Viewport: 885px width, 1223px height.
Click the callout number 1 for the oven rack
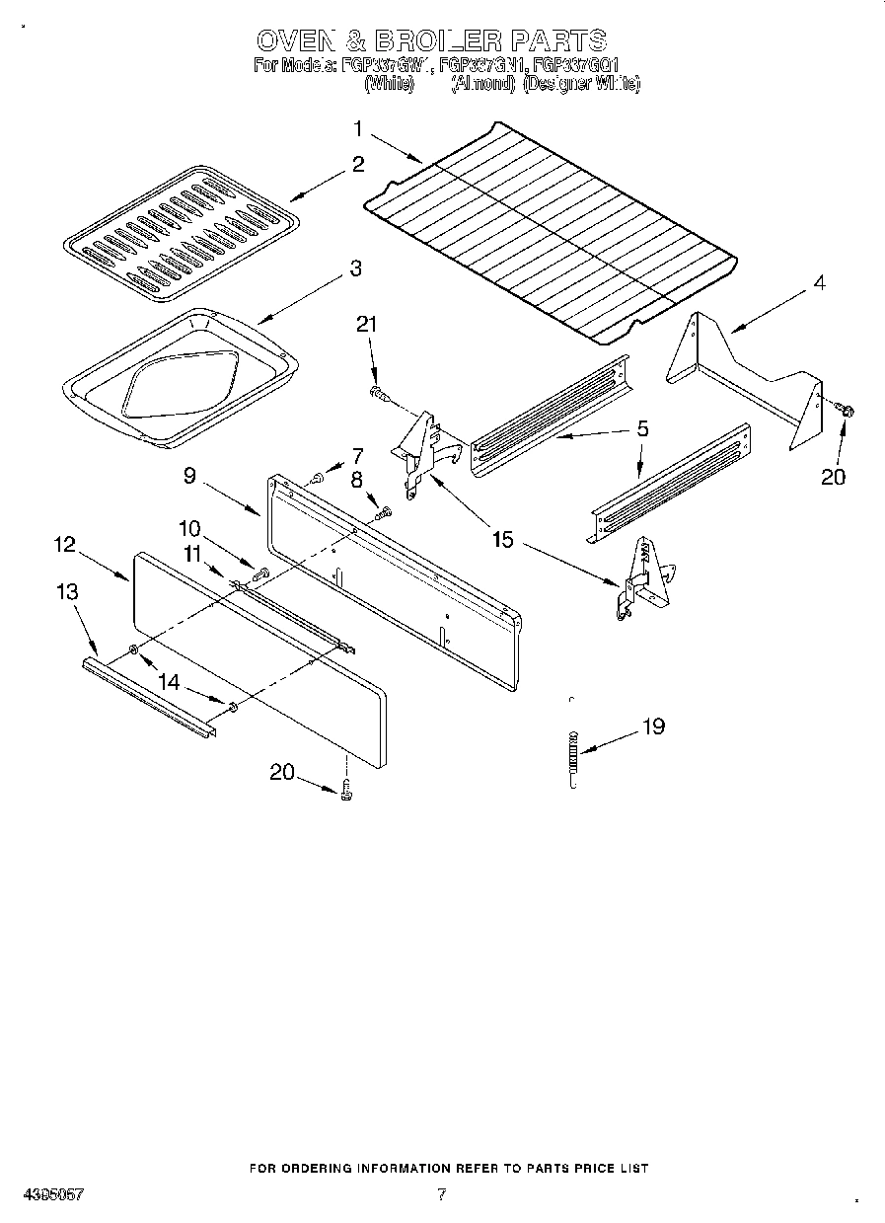click(x=359, y=128)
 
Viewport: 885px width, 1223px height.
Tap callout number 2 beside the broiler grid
click(x=358, y=164)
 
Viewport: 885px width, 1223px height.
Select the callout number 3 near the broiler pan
click(x=355, y=268)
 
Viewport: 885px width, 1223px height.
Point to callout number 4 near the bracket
click(x=818, y=282)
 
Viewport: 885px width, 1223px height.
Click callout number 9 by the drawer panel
click(x=189, y=475)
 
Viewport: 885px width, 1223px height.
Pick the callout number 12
click(x=65, y=544)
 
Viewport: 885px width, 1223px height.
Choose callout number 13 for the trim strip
click(x=67, y=591)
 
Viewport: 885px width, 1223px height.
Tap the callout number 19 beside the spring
click(x=653, y=726)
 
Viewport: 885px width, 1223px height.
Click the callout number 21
click(x=366, y=325)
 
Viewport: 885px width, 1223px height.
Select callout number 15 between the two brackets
click(x=503, y=540)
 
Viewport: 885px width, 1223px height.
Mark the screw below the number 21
click(x=378, y=395)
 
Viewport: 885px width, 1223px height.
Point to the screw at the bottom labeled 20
click(x=346, y=787)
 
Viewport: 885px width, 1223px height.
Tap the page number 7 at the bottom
click(x=441, y=1193)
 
